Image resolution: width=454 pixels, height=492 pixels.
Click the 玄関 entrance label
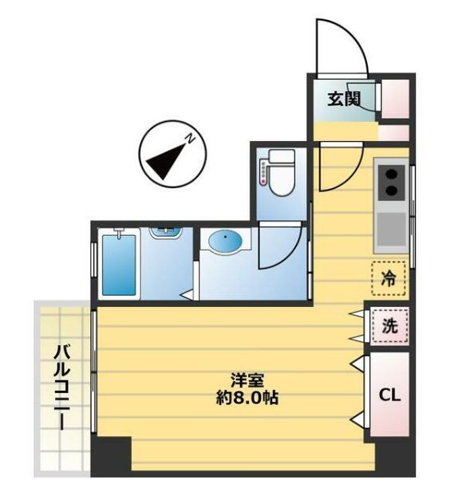343,99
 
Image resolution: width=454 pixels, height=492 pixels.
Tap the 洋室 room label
247,380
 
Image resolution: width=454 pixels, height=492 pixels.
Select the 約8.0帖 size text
247,398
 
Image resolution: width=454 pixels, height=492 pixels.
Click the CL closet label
389,395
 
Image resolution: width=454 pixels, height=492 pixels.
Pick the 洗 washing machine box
389,326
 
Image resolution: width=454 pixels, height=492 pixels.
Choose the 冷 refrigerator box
389,278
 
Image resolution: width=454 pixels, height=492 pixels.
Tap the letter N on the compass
190,139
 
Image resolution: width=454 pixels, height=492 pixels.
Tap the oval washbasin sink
226,242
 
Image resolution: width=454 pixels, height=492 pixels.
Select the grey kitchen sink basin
391,229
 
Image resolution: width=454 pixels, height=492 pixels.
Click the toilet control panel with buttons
263,172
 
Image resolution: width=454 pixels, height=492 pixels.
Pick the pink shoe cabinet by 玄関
396,98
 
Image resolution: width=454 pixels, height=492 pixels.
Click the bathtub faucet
119,233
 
